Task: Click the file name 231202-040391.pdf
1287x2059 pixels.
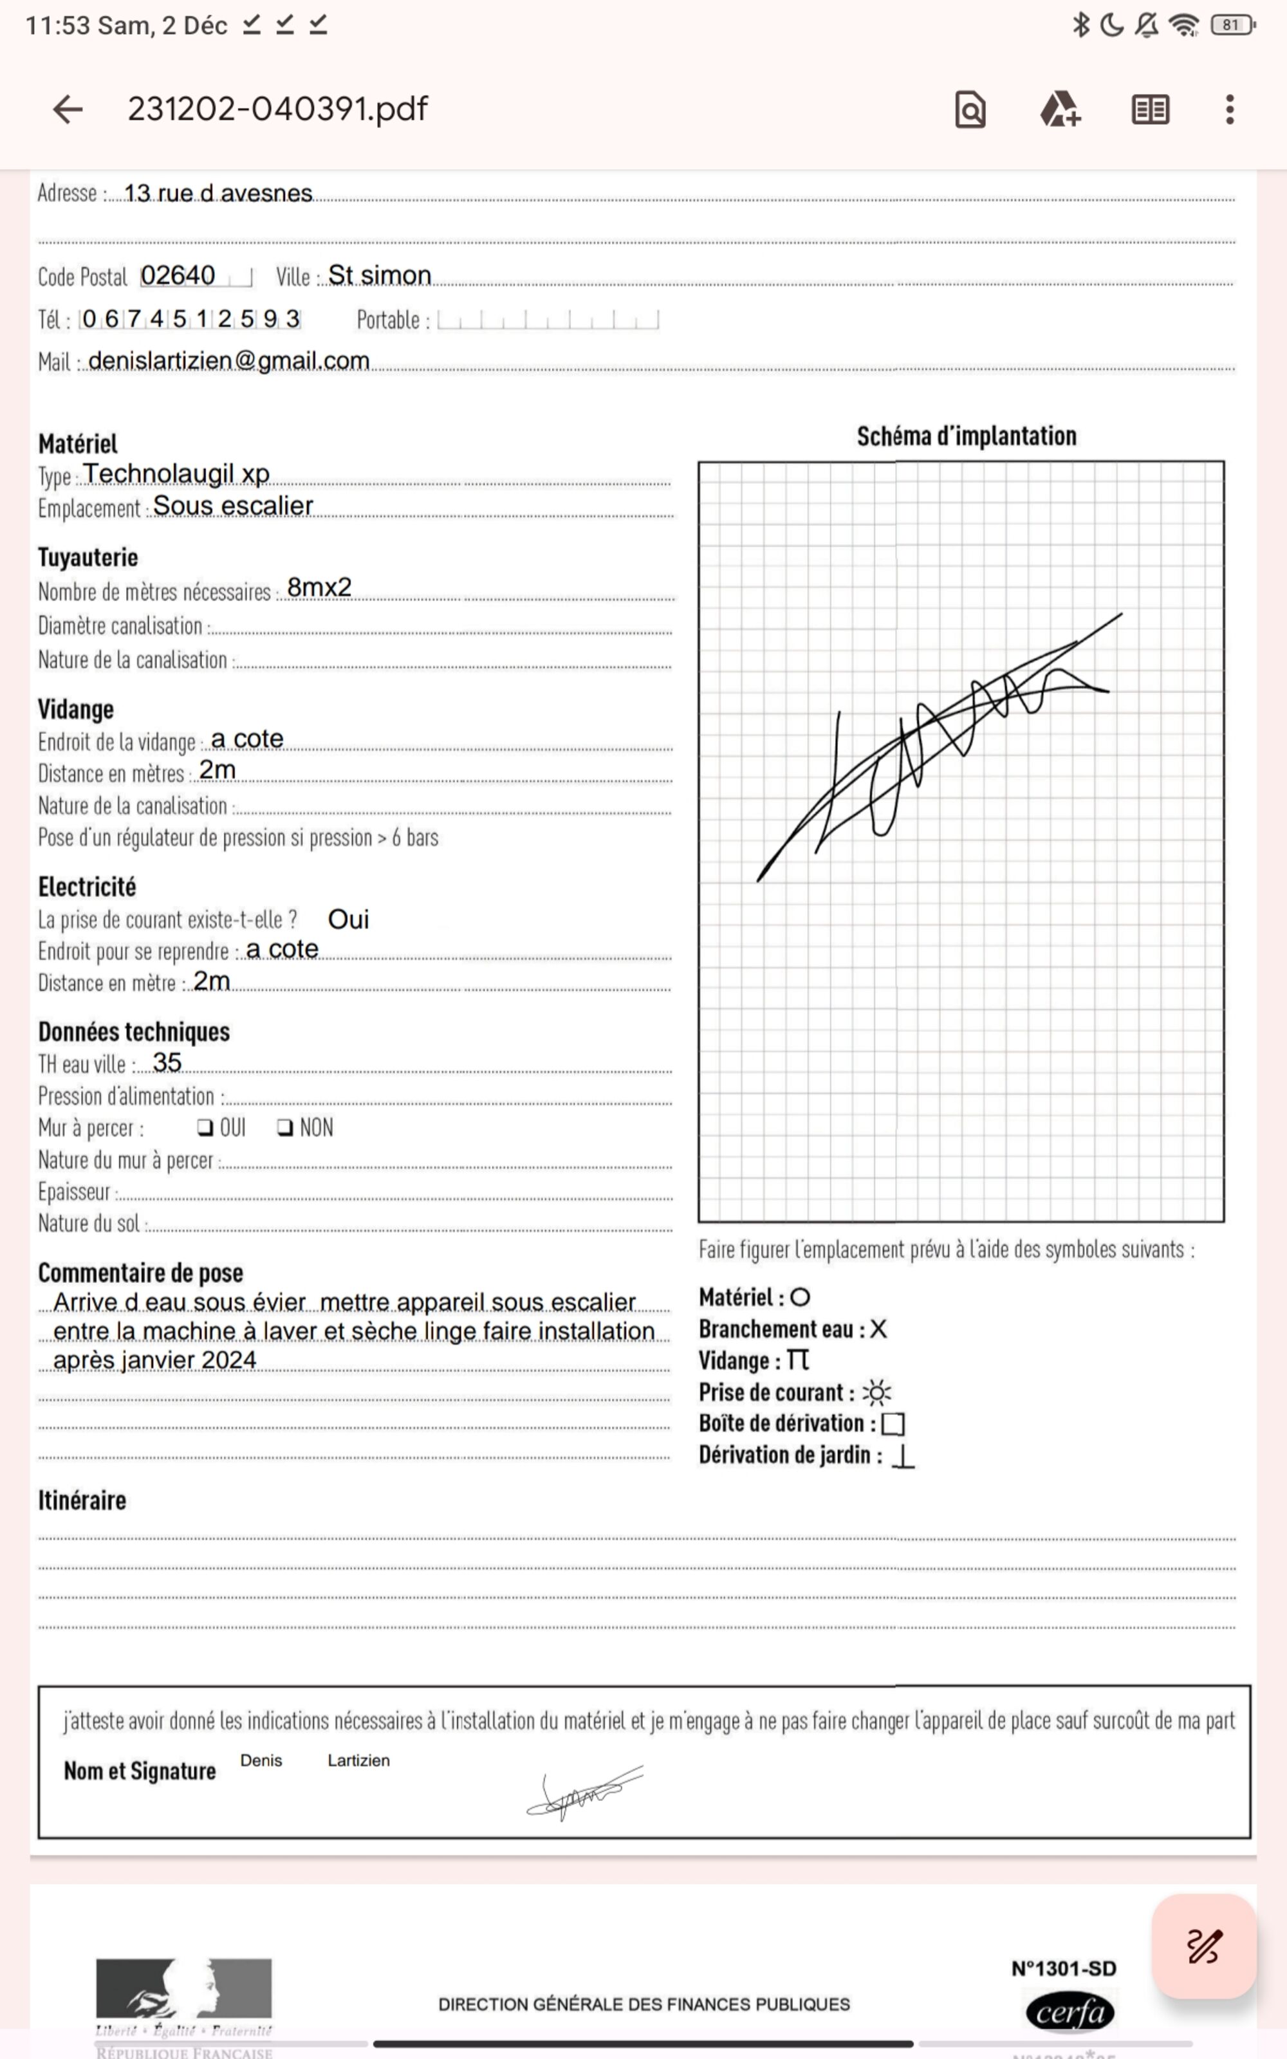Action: (277, 109)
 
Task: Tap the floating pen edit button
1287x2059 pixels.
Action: (1203, 1946)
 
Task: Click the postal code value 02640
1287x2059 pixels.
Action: (178, 275)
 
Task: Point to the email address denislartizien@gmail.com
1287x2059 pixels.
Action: (228, 361)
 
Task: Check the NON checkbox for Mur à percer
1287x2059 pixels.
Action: (285, 1128)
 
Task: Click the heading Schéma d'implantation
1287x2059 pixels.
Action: (966, 436)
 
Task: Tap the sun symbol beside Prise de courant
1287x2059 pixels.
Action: (876, 1393)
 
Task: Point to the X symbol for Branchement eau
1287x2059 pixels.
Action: (878, 1329)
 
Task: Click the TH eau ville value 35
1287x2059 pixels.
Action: (167, 1063)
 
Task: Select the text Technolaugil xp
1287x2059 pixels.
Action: (176, 474)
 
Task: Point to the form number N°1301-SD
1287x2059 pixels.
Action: (1063, 1969)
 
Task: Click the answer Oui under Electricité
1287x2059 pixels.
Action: (348, 919)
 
